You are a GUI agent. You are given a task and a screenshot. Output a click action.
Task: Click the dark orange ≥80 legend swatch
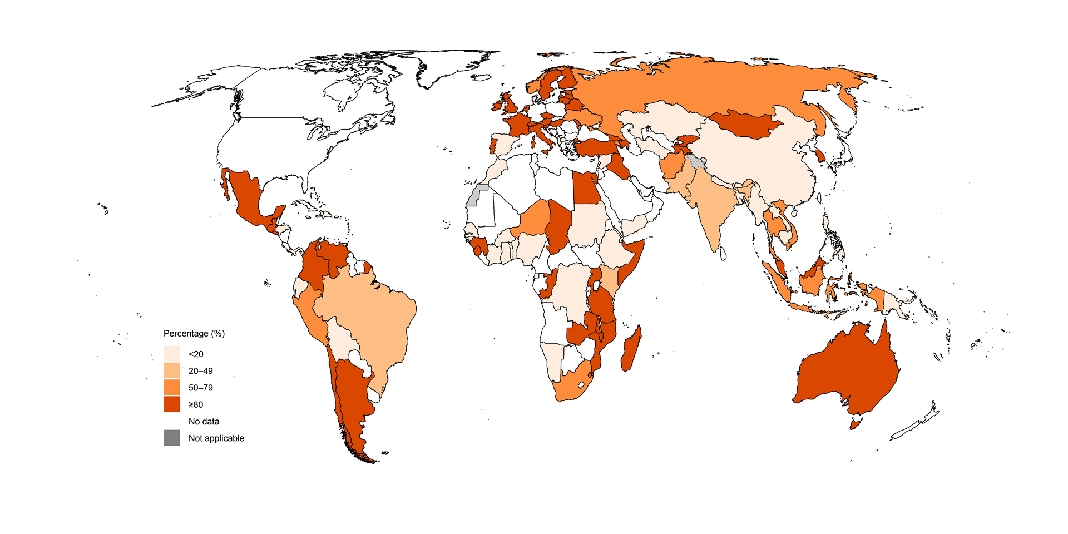pyautogui.click(x=172, y=404)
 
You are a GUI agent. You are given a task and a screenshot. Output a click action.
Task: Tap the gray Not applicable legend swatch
pyautogui.click(x=172, y=438)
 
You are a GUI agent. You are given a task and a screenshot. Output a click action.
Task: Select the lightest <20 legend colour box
pyautogui.click(x=172, y=353)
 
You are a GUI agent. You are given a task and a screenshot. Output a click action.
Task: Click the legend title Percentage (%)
pyautogui.click(x=194, y=333)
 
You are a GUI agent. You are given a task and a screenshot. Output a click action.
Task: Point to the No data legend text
pyautogui.click(x=204, y=421)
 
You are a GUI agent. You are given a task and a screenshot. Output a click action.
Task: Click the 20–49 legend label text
pyautogui.click(x=200, y=370)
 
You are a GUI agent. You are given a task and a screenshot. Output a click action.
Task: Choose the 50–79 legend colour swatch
pyautogui.click(x=172, y=387)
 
